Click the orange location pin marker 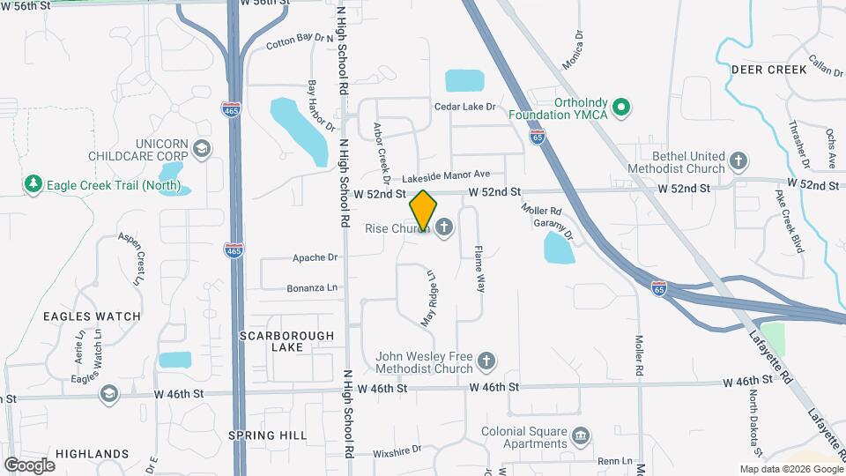click(423, 210)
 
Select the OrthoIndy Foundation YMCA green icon click(621, 108)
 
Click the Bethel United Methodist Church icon click(738, 161)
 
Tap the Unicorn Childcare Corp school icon click(202, 148)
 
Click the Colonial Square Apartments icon click(581, 435)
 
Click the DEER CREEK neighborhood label click(768, 70)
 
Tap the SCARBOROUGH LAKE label click(287, 341)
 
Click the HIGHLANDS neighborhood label click(92, 454)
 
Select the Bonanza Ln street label click(312, 288)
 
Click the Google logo click(30, 465)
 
